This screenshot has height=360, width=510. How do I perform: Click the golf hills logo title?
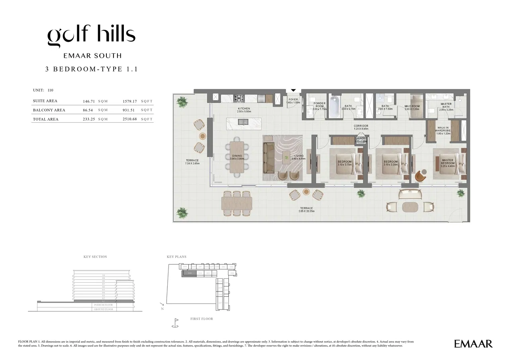[x=91, y=36]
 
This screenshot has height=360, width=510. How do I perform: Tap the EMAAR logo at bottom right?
[x=473, y=344]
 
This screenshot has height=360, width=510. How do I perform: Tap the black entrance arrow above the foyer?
[x=294, y=91]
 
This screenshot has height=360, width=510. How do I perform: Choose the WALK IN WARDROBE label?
[x=443, y=131]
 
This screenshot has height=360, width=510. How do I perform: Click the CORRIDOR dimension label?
[x=361, y=127]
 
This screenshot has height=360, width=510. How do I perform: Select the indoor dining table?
[x=237, y=157]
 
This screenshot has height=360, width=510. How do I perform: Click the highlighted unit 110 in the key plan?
[x=190, y=273]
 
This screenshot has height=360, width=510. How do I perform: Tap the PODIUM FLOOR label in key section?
[x=103, y=305]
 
